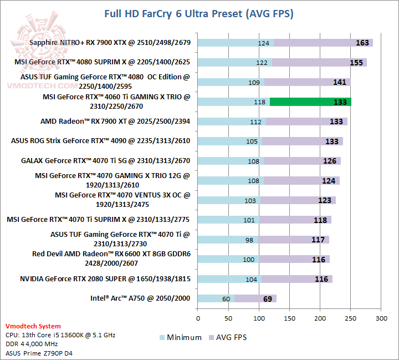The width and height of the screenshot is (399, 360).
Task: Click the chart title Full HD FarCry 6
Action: point(199,13)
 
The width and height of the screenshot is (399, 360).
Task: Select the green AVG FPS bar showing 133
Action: point(310,102)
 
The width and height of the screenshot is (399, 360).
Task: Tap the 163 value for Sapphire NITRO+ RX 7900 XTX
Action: point(362,43)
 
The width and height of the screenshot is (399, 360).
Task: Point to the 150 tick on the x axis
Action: point(290,318)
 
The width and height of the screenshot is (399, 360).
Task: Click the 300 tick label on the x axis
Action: point(381,318)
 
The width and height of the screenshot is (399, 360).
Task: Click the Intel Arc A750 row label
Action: point(140,298)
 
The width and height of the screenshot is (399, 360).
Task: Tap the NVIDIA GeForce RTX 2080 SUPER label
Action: point(105,279)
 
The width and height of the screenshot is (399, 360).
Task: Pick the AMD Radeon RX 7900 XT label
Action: point(115,121)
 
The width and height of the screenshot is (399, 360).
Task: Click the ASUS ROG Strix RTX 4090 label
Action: point(100,141)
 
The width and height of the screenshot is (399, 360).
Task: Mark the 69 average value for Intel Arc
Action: point(268,299)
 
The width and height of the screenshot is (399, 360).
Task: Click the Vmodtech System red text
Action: point(33,326)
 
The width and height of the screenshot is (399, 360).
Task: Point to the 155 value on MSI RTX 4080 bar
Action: point(356,63)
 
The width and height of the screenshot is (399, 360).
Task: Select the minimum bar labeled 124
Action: point(236,43)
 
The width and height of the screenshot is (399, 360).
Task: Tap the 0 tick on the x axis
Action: point(198,318)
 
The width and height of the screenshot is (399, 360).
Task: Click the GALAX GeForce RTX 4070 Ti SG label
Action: point(105,161)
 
